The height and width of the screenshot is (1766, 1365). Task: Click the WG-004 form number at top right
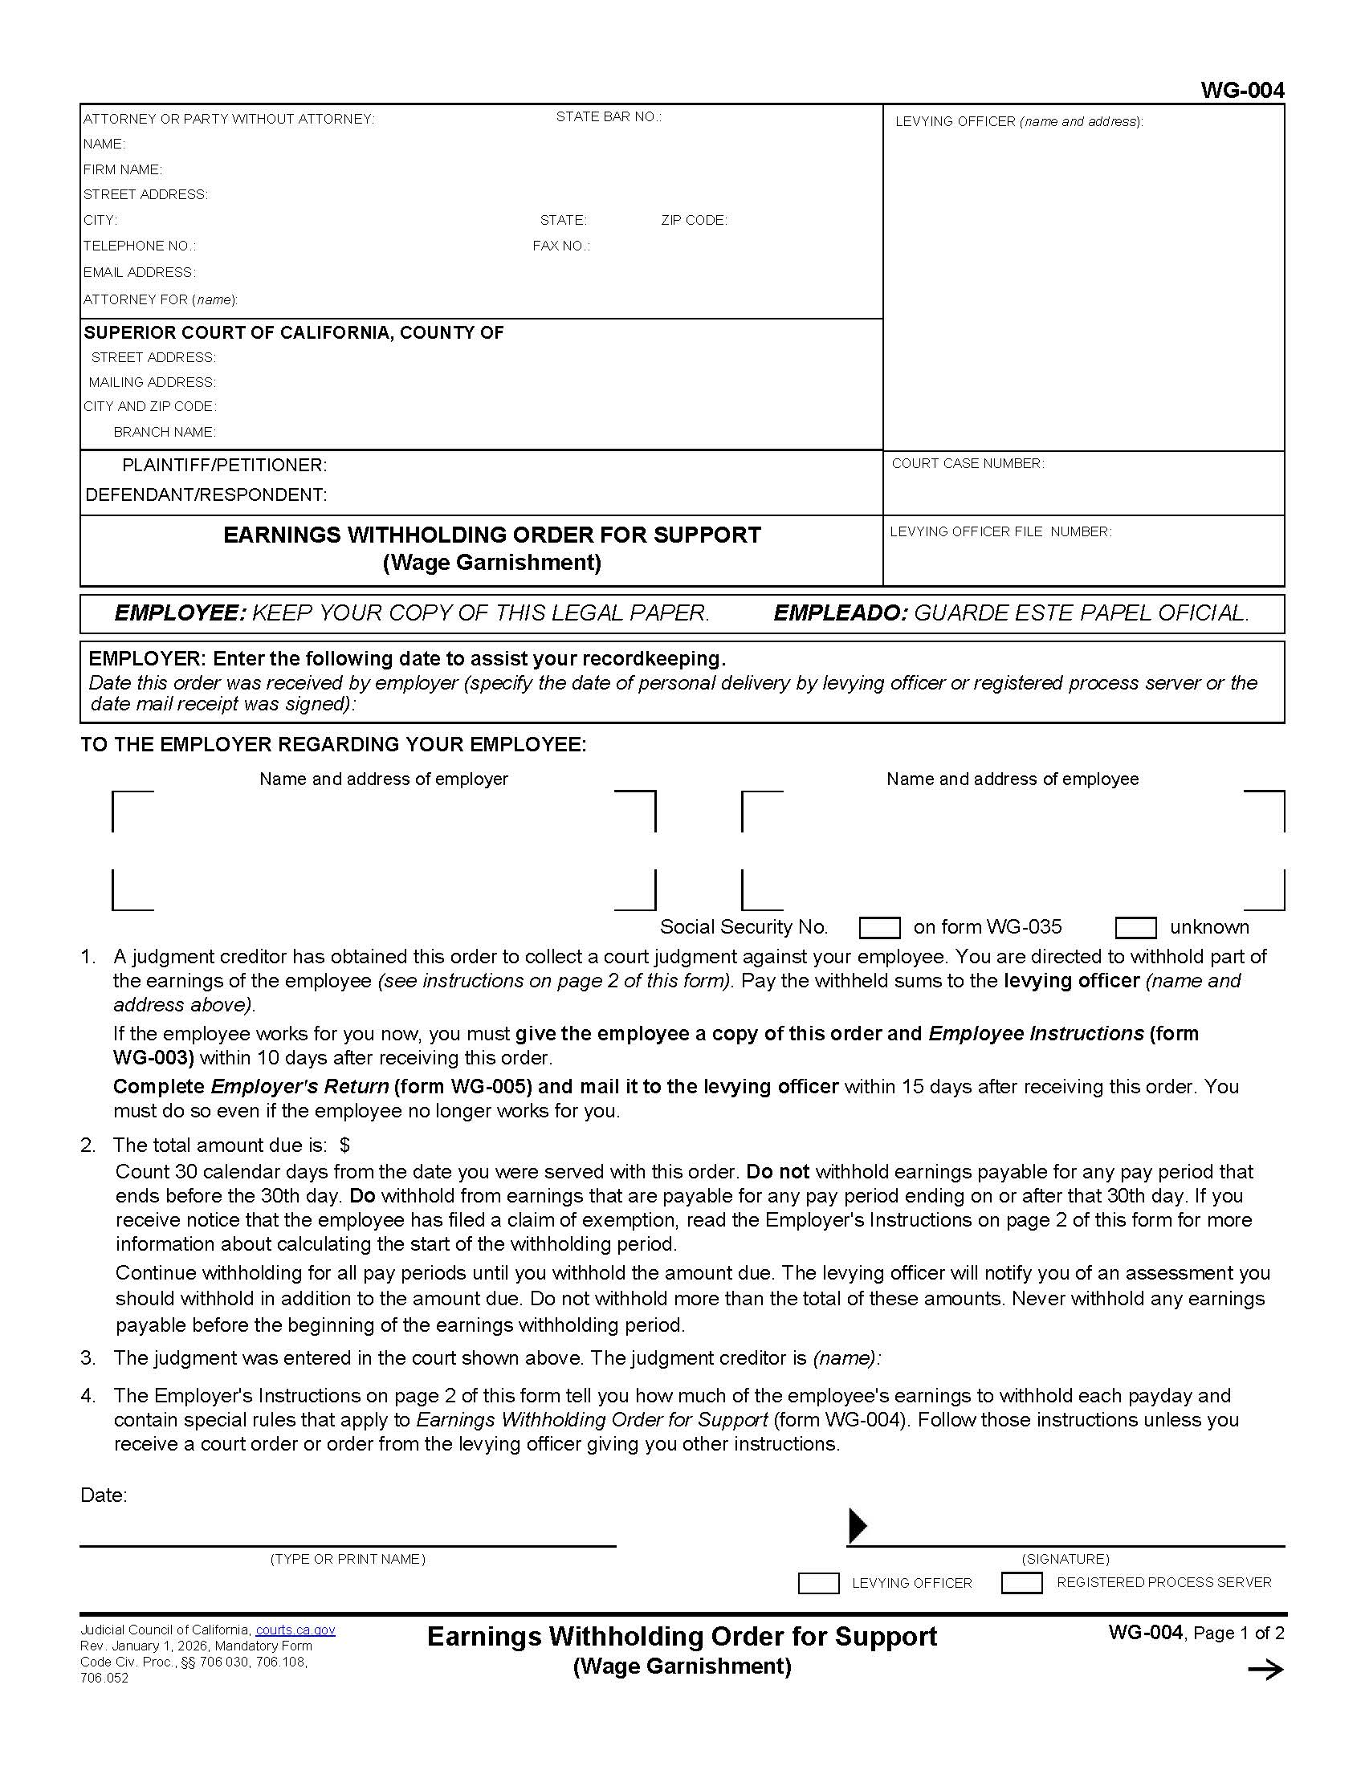point(1241,91)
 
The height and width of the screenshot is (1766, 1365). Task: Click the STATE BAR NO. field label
point(608,117)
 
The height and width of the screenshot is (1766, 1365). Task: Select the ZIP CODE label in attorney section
point(694,221)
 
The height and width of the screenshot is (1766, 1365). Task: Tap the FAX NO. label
point(561,246)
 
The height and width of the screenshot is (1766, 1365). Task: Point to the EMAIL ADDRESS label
point(139,272)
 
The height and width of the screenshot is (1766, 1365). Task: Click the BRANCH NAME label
point(164,433)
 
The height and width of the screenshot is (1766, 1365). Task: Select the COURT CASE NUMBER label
point(968,464)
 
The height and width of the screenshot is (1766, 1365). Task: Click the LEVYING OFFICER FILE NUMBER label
point(1000,532)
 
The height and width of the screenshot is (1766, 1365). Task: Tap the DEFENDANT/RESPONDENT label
point(206,494)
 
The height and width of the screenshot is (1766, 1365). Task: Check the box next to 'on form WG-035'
point(879,927)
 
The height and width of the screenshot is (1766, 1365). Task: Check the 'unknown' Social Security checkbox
point(1135,927)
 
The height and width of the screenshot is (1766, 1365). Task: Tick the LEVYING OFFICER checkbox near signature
point(817,1583)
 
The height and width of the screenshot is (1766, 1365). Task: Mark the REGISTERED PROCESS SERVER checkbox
point(1021,1582)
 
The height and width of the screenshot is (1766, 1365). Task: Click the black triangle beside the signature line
point(858,1526)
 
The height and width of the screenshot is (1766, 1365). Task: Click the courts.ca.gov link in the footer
point(295,1630)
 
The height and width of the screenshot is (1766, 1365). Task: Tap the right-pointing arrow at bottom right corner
point(1265,1670)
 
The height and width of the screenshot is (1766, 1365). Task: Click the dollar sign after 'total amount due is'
point(345,1145)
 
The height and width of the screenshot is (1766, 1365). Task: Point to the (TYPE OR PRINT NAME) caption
point(348,1559)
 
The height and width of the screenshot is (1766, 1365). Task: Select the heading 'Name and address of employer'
point(383,779)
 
